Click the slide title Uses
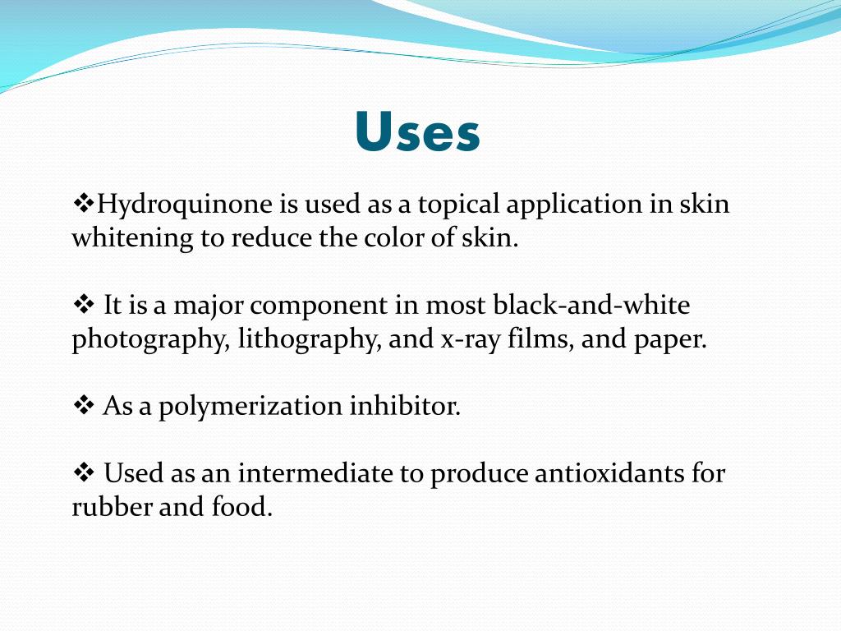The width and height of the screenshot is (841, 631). tap(418, 132)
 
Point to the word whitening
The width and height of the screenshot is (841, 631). tap(132, 239)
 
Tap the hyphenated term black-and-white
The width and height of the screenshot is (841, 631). tap(591, 306)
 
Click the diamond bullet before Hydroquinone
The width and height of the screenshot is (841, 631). tap(85, 202)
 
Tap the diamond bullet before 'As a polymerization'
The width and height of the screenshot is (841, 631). tap(85, 405)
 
